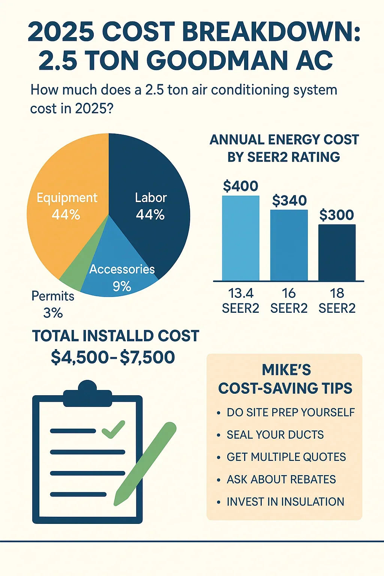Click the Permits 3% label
click(52, 304)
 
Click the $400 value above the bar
click(240, 186)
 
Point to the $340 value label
click(289, 201)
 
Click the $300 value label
click(336, 215)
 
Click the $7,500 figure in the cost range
click(147, 357)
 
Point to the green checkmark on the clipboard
click(113, 429)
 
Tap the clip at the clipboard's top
click(87, 394)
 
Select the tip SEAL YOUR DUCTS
click(275, 435)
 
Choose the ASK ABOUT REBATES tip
click(281, 479)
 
